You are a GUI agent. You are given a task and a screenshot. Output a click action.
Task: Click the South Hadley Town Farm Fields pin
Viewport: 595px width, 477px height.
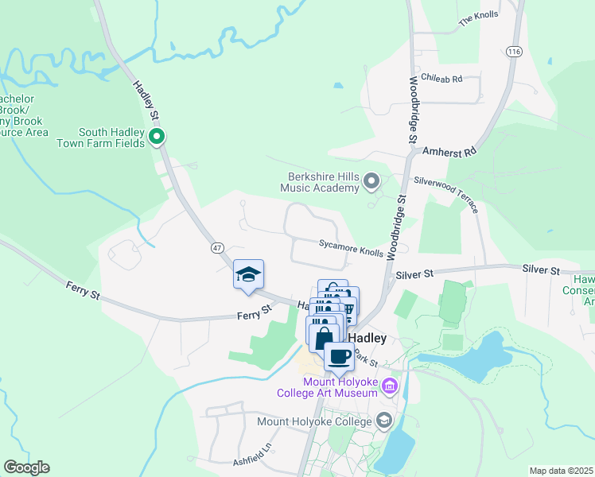[157, 138]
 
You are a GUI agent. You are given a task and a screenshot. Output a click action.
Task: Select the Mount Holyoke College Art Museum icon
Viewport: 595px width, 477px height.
[389, 386]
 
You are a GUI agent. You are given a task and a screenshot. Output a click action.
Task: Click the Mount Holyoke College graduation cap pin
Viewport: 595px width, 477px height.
[385, 421]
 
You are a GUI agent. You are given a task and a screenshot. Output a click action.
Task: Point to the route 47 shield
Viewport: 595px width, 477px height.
[217, 248]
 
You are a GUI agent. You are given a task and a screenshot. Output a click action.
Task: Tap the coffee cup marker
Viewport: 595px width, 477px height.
[339, 357]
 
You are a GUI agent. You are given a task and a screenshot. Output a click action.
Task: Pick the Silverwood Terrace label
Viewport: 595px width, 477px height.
[450, 193]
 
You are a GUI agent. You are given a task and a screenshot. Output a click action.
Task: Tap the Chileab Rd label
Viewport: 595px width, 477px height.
[441, 79]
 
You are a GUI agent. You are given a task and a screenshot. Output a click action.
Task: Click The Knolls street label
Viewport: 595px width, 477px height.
[477, 18]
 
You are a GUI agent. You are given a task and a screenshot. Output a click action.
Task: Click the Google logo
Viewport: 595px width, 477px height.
[26, 467]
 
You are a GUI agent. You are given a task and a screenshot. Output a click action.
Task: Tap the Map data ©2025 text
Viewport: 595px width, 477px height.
[561, 471]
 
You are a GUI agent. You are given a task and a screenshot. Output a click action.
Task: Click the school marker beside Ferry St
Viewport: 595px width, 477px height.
[248, 275]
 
